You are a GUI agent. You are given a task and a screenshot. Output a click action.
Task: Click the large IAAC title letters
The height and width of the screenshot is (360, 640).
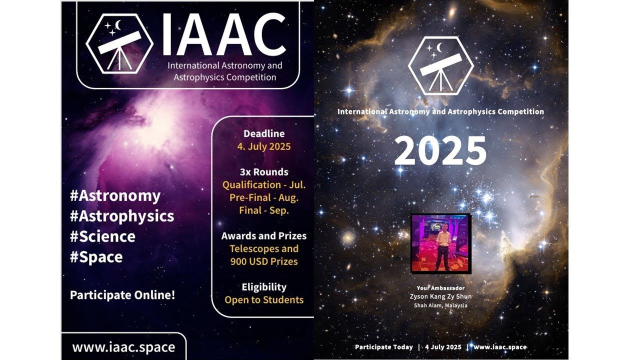tap(224, 35)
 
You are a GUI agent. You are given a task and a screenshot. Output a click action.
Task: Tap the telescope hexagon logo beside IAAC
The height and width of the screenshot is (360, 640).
tap(119, 44)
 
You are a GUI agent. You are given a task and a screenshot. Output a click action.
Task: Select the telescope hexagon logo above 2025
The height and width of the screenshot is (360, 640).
tap(440, 65)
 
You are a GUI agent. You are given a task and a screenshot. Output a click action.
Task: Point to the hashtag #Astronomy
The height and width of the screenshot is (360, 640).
tap(115, 195)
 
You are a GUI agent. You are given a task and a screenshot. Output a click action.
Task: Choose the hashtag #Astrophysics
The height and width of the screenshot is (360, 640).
tap(122, 216)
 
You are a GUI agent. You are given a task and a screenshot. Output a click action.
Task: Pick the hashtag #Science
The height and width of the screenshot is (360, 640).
tap(102, 236)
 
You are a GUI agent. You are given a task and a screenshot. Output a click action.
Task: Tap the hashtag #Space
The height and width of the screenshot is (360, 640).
tap(96, 257)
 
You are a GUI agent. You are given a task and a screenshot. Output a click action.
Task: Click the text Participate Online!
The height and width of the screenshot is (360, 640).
tap(122, 295)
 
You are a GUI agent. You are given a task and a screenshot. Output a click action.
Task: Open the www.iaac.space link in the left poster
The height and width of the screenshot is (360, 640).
tap(123, 347)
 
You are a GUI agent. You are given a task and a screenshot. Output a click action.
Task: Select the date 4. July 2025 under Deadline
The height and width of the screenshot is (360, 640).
tap(263, 146)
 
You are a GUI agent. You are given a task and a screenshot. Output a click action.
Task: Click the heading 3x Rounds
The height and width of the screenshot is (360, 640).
tap(263, 172)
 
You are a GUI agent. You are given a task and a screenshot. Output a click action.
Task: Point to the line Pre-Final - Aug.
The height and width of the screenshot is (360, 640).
tap(263, 197)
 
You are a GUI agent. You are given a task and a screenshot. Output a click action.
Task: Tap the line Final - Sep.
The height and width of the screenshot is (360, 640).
tap(263, 210)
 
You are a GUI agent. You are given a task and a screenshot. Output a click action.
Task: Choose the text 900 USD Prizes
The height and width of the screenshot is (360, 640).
tap(263, 261)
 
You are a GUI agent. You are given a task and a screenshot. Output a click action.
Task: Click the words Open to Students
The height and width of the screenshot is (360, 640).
tap(263, 300)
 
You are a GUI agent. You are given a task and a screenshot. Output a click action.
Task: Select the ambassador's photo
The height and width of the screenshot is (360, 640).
tap(440, 243)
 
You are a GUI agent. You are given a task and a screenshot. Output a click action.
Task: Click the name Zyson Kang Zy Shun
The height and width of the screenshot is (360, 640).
tap(440, 296)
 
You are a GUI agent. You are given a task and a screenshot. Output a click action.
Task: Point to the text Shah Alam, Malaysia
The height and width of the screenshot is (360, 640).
tap(440, 305)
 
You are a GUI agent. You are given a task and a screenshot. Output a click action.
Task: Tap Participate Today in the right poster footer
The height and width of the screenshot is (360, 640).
tap(384, 347)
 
